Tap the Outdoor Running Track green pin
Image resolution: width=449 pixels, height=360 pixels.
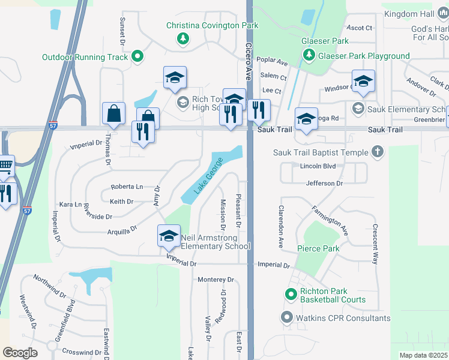click(137, 58)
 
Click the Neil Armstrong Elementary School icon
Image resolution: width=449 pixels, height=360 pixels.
click(169, 235)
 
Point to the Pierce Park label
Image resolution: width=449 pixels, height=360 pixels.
click(318, 248)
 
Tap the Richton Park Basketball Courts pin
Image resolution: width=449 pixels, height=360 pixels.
click(291, 294)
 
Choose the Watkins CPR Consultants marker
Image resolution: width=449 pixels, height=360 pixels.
click(287, 318)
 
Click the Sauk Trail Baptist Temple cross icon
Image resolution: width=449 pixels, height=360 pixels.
click(378, 152)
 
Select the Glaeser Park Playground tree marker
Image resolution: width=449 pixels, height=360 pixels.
click(309, 56)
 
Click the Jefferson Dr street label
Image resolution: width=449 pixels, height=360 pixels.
click(324, 183)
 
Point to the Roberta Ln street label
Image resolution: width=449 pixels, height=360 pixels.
click(127, 187)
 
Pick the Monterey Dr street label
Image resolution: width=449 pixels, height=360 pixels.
click(215, 280)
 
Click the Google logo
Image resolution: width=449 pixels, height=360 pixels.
click(19, 352)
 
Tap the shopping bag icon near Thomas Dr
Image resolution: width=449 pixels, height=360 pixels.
click(113, 112)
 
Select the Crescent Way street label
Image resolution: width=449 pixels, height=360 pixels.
click(375, 245)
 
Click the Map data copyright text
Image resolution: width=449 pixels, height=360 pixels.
click(423, 355)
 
